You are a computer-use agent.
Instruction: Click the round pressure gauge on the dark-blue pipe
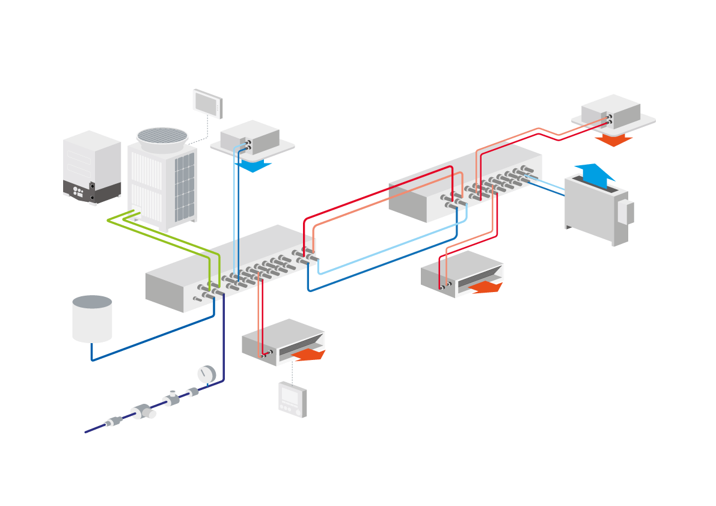(x=206, y=374)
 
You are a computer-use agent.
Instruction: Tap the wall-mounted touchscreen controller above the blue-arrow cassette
(x=207, y=102)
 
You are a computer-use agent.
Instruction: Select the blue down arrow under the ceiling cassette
(x=253, y=165)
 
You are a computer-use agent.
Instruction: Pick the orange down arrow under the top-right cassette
(x=614, y=140)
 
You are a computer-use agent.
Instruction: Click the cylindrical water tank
(x=92, y=319)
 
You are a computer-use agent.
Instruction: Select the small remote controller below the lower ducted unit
(x=293, y=398)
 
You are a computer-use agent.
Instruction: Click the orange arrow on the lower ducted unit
(x=309, y=355)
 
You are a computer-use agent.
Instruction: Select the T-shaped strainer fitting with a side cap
(x=143, y=412)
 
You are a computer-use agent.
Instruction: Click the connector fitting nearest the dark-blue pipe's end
(x=112, y=422)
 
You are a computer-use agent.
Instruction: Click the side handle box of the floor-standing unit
(x=629, y=213)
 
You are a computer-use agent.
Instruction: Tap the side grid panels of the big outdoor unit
(x=185, y=187)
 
